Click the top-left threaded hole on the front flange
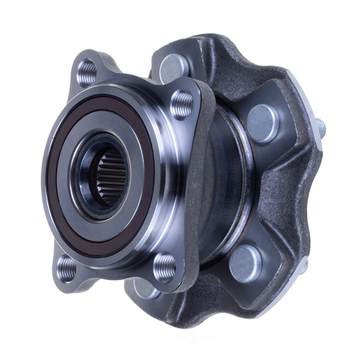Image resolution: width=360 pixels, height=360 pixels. point(87,72)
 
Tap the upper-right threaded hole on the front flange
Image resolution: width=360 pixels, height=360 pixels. point(181,104)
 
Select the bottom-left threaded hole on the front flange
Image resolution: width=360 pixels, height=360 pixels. point(66,268)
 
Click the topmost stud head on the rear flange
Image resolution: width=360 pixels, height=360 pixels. point(174,67)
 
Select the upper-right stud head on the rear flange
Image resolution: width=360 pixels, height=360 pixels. point(263,123)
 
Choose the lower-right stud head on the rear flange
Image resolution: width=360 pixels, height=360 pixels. point(244,263)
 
